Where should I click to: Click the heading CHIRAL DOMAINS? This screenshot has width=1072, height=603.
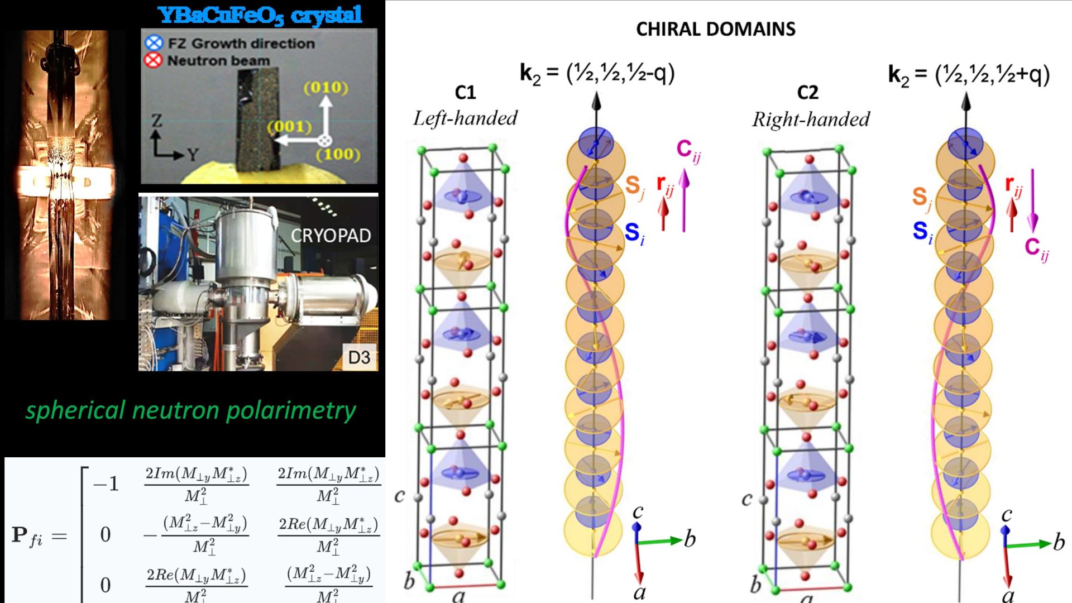pos(715,29)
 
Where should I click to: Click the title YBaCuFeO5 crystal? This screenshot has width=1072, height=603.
pos(260,15)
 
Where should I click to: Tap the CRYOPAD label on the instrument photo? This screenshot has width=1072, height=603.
pos(331,236)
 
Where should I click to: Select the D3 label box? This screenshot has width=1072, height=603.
pos(359,357)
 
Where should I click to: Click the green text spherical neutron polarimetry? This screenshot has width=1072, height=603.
pos(190,410)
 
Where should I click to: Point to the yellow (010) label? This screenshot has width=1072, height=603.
pos(326,88)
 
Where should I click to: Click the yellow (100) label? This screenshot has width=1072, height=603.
pos(338,154)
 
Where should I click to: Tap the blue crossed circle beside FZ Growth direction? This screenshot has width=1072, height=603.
pos(154,43)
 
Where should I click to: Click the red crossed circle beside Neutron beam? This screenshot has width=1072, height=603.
pos(154,60)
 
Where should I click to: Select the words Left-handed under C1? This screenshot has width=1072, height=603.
pos(465,118)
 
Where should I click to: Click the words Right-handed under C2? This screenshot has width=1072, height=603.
pos(811,119)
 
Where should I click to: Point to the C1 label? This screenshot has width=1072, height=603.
pos(465,92)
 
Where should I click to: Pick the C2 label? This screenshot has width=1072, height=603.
pos(808,92)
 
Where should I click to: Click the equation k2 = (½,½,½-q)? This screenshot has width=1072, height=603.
pos(597,74)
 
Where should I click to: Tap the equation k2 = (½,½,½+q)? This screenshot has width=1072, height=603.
pos(969,75)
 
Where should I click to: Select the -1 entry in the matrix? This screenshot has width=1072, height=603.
pos(106,484)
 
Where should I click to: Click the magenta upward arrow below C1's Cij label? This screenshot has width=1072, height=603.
pos(684,201)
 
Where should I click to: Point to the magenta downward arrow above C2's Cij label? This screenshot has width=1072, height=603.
pos(1032,201)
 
